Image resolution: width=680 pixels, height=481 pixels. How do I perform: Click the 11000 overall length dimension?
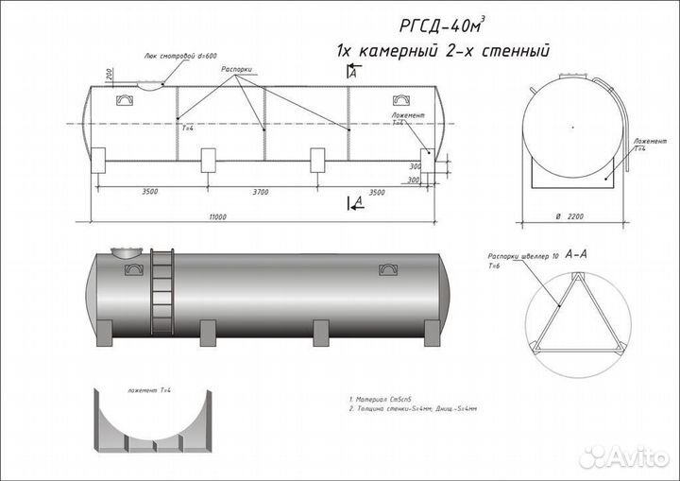point(218,217)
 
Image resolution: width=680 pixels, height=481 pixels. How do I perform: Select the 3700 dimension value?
point(260,192)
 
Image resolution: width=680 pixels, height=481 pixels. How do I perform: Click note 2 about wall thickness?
point(413,410)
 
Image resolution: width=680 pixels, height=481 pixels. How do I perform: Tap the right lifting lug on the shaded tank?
point(387,270)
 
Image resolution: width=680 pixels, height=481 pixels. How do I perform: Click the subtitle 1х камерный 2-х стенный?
point(442,50)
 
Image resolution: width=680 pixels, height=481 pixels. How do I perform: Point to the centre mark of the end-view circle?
point(571,125)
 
